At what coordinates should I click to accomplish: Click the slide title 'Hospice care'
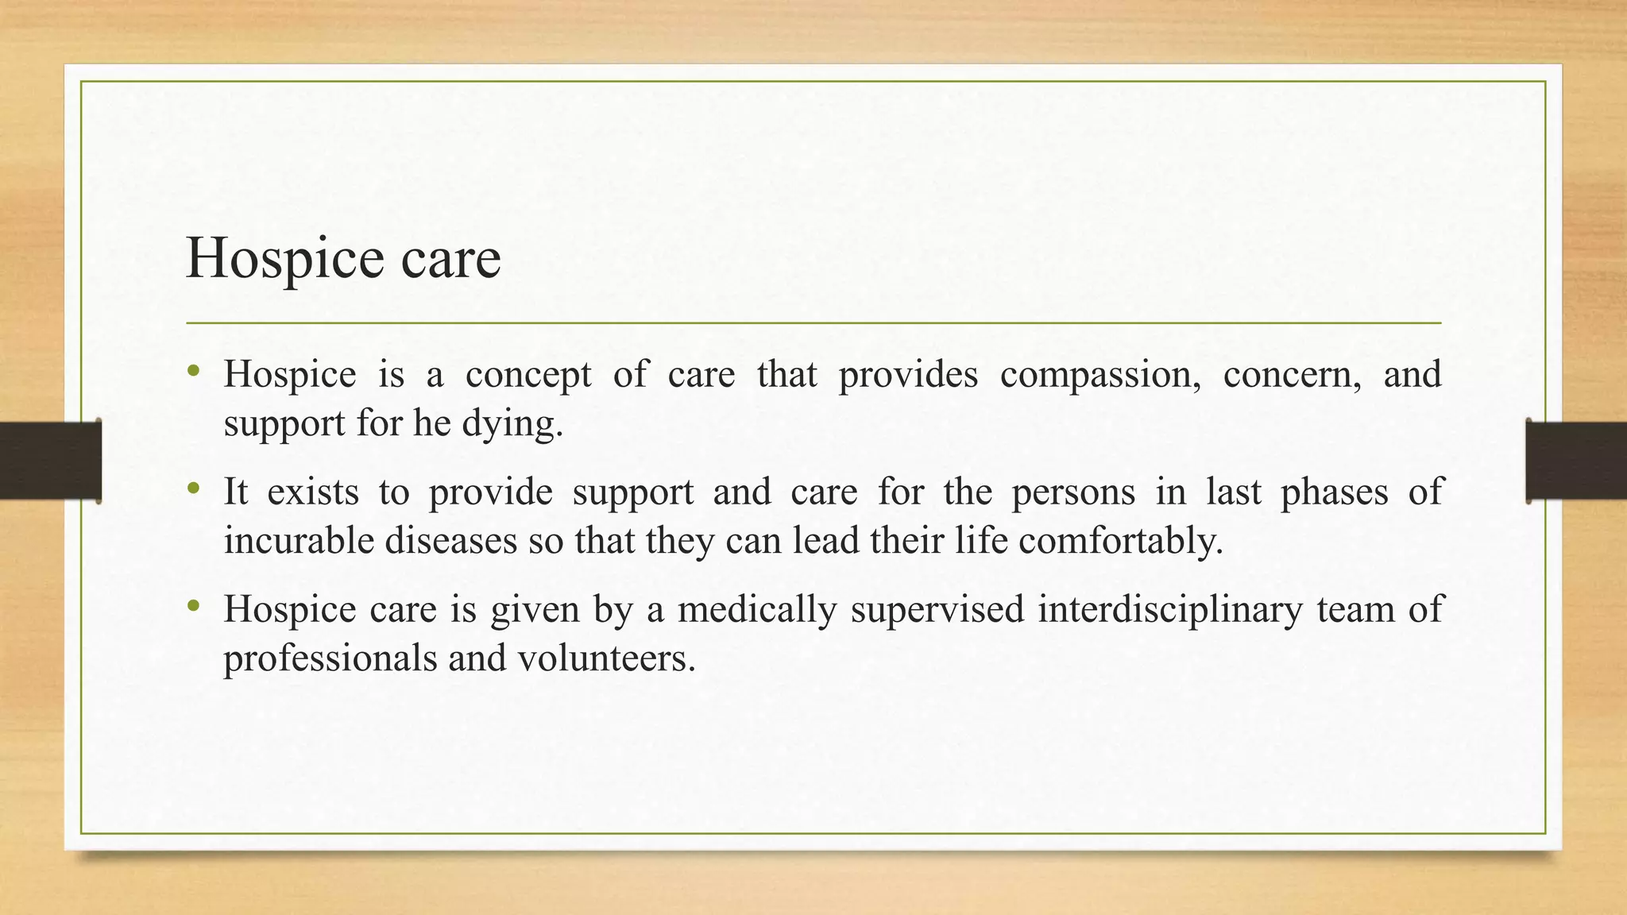tap(343, 259)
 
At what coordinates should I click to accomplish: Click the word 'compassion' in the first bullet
tap(1099, 374)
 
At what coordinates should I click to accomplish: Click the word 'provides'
tap(908, 374)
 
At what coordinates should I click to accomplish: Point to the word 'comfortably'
tap(1120, 541)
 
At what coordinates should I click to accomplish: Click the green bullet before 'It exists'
tap(193, 489)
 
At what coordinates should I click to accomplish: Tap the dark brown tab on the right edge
tap(1576, 460)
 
